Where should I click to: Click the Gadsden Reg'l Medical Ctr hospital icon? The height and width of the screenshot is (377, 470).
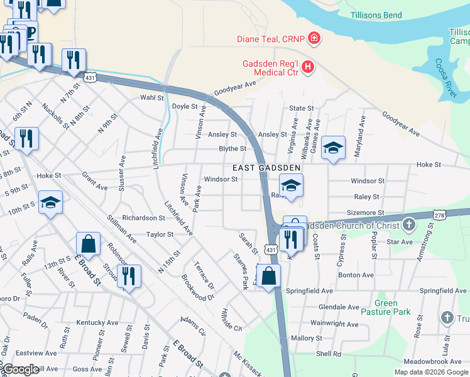pyautogui.click(x=308, y=66)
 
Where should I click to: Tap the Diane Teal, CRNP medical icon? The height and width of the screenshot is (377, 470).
pyautogui.click(x=315, y=39)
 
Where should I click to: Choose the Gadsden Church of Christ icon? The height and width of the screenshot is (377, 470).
pyautogui.click(x=409, y=224)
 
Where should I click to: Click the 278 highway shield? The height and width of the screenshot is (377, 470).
pyautogui.click(x=439, y=215)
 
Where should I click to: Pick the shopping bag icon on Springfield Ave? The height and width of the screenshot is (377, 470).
pyautogui.click(x=268, y=276)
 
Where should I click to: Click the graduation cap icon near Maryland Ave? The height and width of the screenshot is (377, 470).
pyautogui.click(x=333, y=148)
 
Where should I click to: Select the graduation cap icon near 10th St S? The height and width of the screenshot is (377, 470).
pyautogui.click(x=51, y=202)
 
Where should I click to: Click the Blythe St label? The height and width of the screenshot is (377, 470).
pyautogui.click(x=232, y=149)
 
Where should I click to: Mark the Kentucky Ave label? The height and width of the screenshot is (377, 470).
pyautogui.click(x=97, y=322)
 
